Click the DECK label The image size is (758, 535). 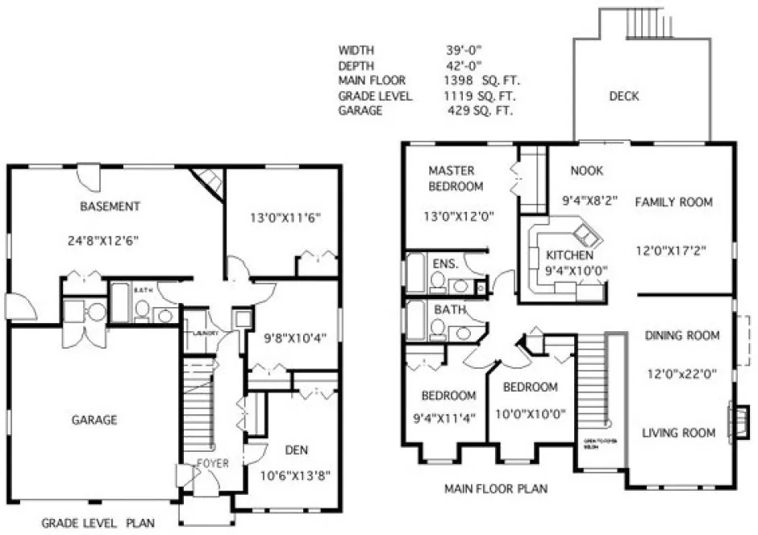(x=623, y=97)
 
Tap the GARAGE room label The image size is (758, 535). (x=94, y=420)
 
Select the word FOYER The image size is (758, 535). (x=212, y=463)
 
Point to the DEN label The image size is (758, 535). (x=297, y=450)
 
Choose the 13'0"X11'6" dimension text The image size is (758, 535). (x=281, y=217)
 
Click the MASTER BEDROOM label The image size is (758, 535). (x=456, y=178)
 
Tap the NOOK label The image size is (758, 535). (x=586, y=171)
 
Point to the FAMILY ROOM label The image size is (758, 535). (x=673, y=202)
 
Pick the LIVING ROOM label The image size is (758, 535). (x=678, y=433)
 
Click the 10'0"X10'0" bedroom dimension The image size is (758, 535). (x=530, y=414)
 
